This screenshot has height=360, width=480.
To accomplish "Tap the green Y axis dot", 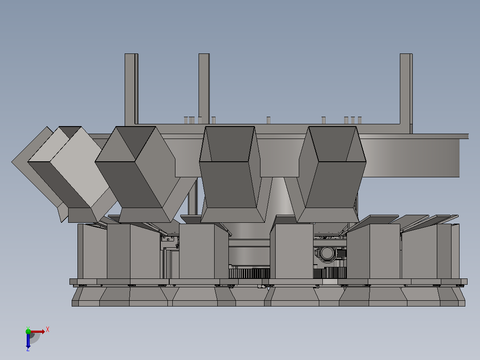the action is coord(28,331).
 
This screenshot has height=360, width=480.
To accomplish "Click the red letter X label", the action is coord(48,330).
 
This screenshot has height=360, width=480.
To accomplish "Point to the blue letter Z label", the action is coord(28,349).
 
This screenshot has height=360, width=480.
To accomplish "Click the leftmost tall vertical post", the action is coord(131,89).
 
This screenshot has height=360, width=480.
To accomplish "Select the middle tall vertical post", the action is coord(204,89).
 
